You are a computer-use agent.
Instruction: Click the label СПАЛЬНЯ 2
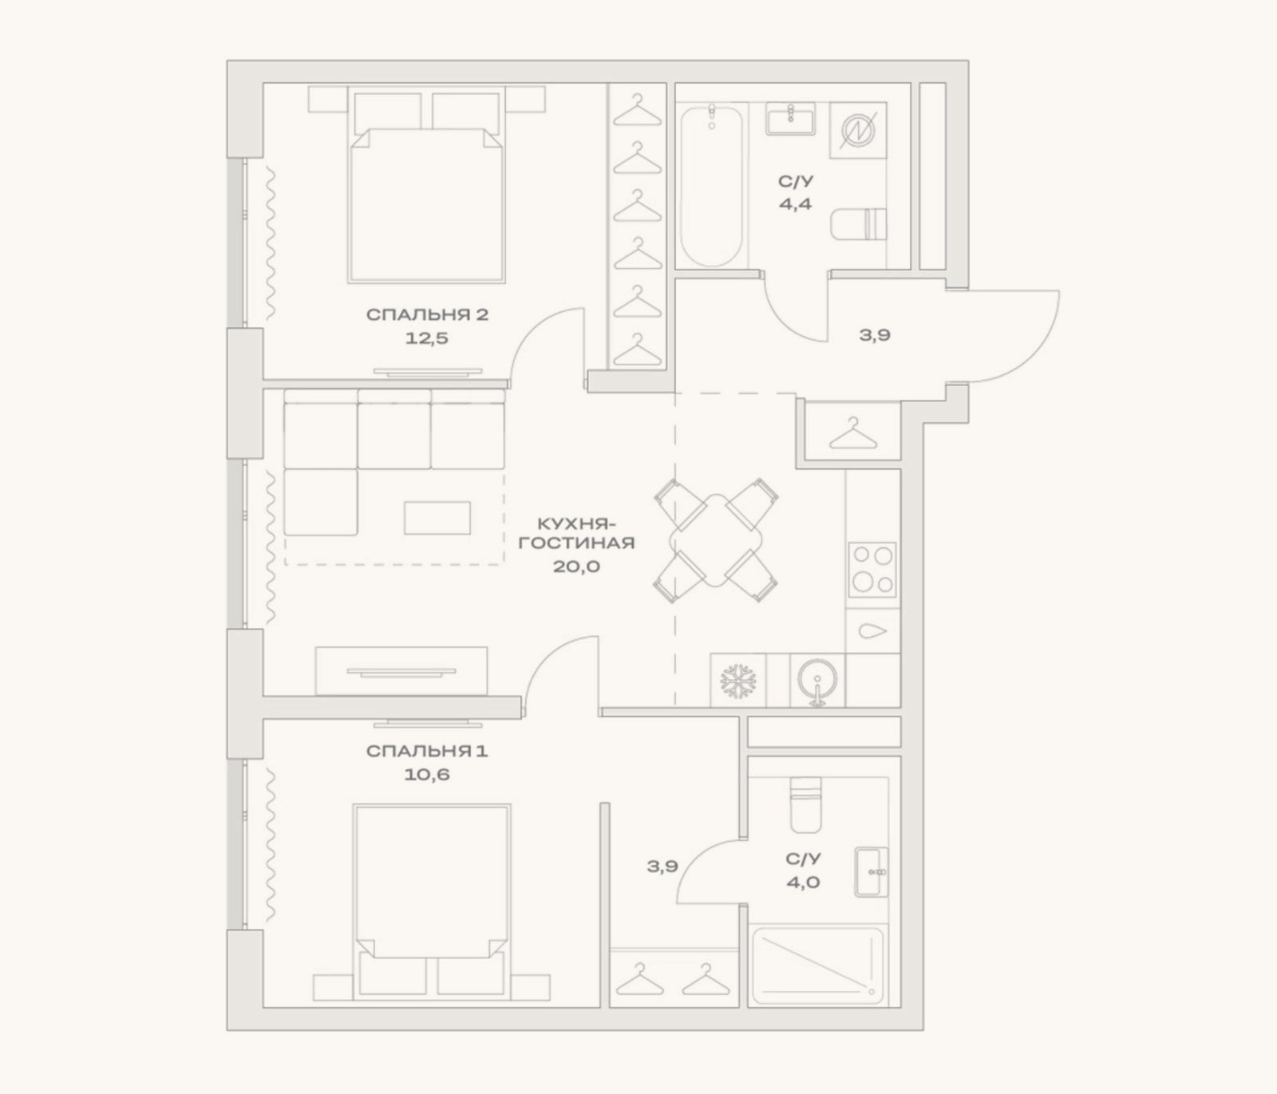click(427, 314)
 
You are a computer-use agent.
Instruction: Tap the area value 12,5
click(427, 338)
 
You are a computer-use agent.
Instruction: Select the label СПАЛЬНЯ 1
click(427, 751)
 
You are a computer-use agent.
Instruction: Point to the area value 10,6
click(427, 774)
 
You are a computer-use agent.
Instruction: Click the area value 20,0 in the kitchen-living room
click(576, 567)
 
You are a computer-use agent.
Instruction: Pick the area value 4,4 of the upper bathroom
click(796, 203)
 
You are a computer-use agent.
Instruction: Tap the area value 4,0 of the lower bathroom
click(803, 883)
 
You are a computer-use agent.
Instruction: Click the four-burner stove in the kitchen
click(872, 570)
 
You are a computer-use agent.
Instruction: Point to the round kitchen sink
click(817, 681)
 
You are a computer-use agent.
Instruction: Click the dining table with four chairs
click(715, 541)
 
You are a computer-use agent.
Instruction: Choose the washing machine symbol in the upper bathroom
click(859, 129)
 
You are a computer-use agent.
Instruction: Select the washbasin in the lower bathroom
click(871, 872)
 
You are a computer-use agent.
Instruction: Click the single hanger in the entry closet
click(853, 432)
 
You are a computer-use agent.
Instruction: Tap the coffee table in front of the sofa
click(437, 517)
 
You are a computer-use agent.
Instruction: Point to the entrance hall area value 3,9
click(875, 335)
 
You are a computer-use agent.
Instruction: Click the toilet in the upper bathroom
click(859, 224)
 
